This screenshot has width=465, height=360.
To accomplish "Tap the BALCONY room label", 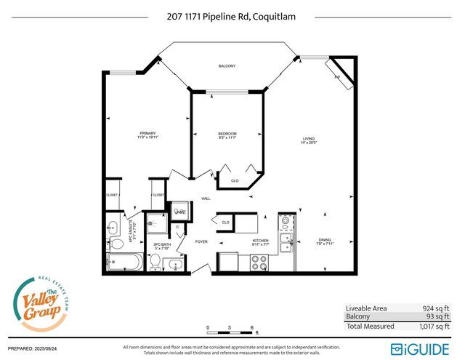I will pyautogui.click(x=227, y=66).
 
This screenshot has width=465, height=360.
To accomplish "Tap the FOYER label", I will pyautogui.click(x=201, y=241).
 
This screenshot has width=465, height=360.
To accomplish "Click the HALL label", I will pyautogui.click(x=206, y=198).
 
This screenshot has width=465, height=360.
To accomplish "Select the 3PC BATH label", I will pyautogui.click(x=161, y=245).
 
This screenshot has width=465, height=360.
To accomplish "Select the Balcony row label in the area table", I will pyautogui.click(x=357, y=316).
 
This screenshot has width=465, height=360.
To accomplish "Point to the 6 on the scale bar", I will pyautogui.click(x=251, y=327).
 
